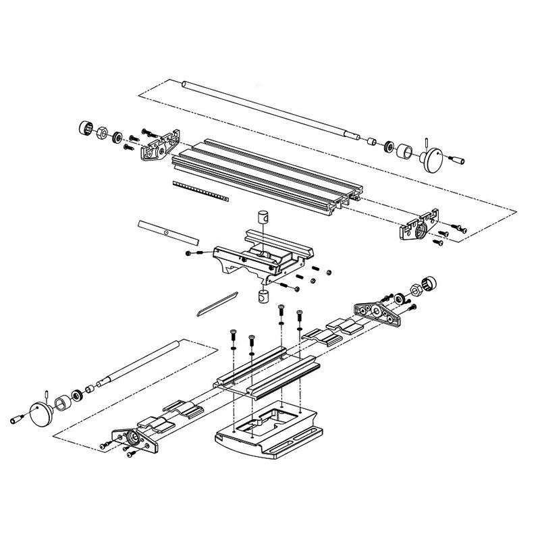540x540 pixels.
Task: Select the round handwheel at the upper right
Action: [x=431, y=160]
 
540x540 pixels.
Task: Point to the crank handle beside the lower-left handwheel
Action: [x=19, y=419]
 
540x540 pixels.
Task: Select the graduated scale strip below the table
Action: [x=200, y=191]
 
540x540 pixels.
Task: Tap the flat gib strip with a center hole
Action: [x=168, y=233]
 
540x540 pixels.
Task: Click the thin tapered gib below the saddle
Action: [x=215, y=302]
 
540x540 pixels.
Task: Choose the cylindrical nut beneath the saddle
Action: [x=263, y=296]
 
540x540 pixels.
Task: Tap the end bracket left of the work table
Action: [x=161, y=144]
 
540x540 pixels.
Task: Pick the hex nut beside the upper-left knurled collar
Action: [x=103, y=132]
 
